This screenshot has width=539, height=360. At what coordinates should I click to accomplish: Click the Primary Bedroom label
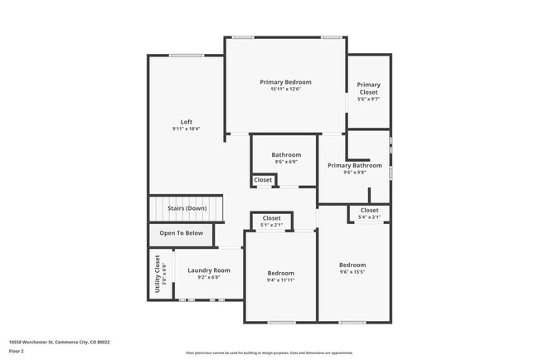coord(285,82)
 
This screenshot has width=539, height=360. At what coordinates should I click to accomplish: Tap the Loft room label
coord(187,122)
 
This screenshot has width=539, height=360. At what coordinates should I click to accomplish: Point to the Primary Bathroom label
coord(355,165)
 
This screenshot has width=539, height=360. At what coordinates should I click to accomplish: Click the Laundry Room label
coord(209,270)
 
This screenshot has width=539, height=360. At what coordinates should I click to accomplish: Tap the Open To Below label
coord(182,233)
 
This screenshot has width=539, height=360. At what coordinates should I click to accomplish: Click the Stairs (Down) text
coord(187,208)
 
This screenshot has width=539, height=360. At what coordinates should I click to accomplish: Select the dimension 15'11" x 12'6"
coord(285,90)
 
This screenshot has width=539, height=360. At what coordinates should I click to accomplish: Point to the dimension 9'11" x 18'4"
coord(187,129)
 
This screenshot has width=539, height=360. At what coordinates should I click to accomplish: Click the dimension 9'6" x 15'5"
coord(352,272)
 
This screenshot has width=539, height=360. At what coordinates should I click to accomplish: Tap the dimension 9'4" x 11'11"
coord(280,280)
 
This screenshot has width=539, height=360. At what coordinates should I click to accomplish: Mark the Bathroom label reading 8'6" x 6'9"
coord(286,162)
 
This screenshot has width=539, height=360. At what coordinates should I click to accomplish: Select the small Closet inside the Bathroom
coord(263,180)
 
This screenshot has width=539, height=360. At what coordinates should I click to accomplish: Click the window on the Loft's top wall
coord(187,56)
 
